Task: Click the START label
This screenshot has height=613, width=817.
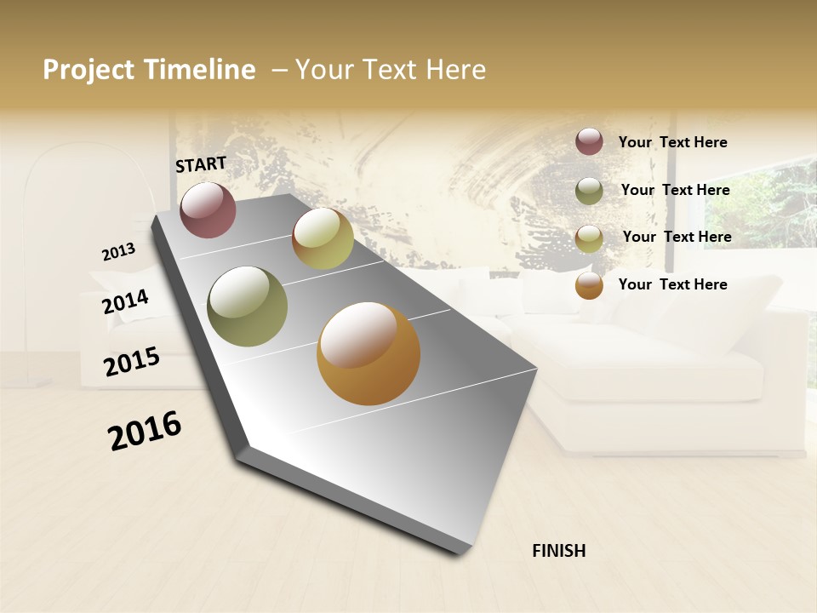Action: (x=201, y=164)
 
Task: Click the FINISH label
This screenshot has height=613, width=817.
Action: (x=558, y=551)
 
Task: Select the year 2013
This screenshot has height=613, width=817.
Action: (x=118, y=252)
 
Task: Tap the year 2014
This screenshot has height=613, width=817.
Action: (x=126, y=301)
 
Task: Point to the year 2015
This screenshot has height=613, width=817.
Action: (x=132, y=361)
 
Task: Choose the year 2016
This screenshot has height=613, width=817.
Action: (x=145, y=431)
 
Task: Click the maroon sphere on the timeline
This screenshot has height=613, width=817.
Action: (x=208, y=209)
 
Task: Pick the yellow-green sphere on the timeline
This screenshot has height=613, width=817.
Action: (x=323, y=238)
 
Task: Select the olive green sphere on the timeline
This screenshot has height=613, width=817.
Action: (x=247, y=306)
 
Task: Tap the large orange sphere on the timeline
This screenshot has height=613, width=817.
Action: (x=369, y=353)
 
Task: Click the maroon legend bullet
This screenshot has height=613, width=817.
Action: (x=589, y=142)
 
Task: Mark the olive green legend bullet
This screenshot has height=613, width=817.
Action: (x=589, y=191)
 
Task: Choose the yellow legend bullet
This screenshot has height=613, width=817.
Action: (x=589, y=238)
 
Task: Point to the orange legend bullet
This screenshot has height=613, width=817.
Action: (x=589, y=285)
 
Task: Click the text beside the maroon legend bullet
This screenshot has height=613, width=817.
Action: (x=672, y=142)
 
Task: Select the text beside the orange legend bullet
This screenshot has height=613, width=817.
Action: (x=672, y=284)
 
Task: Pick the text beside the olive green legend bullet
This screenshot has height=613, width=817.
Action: (x=675, y=190)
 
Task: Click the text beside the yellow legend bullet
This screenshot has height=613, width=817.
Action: (x=677, y=237)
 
